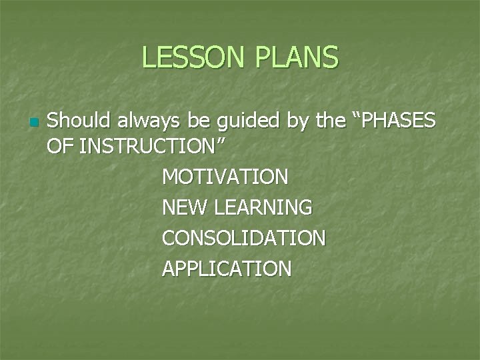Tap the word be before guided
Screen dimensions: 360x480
pyautogui.click(x=189, y=121)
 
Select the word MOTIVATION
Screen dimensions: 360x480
pyautogui.click(x=225, y=177)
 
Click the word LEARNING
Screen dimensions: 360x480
pyautogui.click(x=264, y=208)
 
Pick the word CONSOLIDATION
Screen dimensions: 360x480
pyautogui.click(x=243, y=238)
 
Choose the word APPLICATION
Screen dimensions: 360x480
pyautogui.click(x=227, y=269)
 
